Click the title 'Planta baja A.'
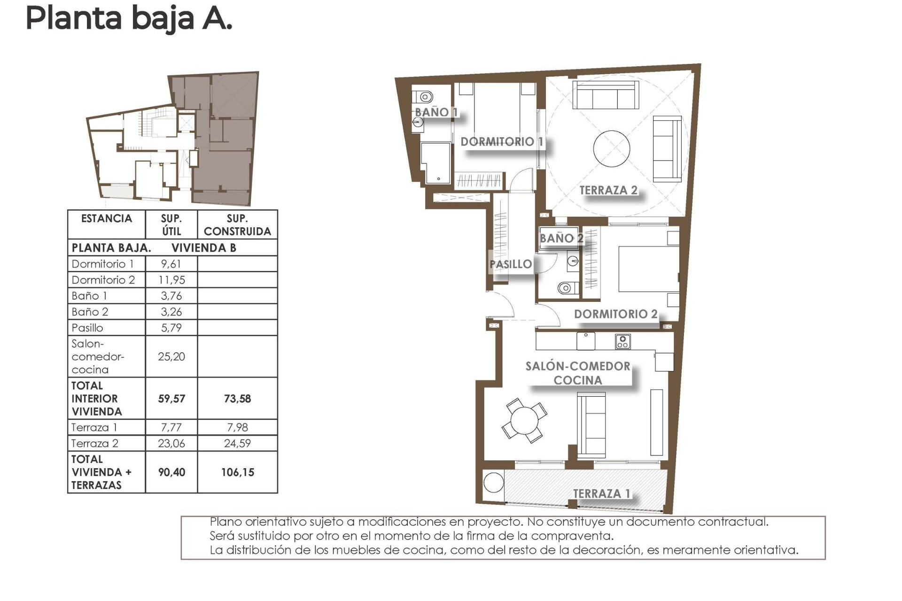pos(129,19)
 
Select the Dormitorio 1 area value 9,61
pos(171,264)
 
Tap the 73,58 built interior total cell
pos(237,399)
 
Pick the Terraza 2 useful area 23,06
pos(171,443)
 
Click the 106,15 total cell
pos(237,472)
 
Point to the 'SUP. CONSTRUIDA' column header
pos(237,225)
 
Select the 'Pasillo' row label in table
pos(87,328)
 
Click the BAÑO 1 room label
pos(435,112)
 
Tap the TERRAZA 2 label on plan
pos(608,190)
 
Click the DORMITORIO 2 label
pos(615,314)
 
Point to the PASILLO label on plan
pos(511,264)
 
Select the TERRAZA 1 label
pos(601,493)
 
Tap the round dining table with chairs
pos(524,420)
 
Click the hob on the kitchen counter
pos(623,341)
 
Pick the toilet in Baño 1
pos(424,97)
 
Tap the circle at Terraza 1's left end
pos(494,482)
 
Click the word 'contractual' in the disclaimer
pos(739,522)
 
